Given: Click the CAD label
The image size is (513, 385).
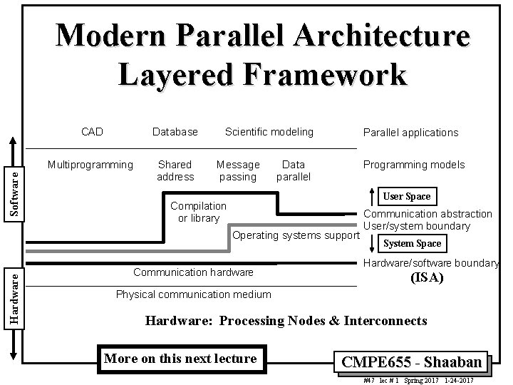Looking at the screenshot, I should pos(92,132).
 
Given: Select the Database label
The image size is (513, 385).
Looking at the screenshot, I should pos(175,132).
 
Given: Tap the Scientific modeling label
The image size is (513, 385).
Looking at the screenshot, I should pos(269,132).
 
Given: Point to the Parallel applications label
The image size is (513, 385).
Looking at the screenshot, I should pos(410,133).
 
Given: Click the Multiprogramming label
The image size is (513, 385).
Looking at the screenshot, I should pos(90,165).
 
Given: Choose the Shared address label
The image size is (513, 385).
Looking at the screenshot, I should pos(175,170).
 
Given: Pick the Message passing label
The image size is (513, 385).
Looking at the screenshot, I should pos(238,170).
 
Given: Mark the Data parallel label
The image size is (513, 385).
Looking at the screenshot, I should pos(294,170).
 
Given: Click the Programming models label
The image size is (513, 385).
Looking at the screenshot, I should pos(414,165).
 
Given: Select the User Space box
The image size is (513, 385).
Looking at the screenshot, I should pos(407,196).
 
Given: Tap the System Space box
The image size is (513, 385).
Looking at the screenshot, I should pos(412,244).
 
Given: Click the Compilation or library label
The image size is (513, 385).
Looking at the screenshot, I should pos(199,212).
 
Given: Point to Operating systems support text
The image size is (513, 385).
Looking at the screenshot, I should pos(294,236).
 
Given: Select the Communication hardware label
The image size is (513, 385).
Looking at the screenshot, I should pos(193,272).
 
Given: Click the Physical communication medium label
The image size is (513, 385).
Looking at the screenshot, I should pos(194,294).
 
